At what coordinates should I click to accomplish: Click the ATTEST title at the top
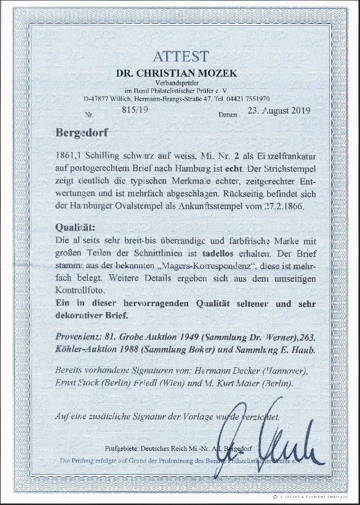(x=180, y=55)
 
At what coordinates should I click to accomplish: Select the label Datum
(x=228, y=116)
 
